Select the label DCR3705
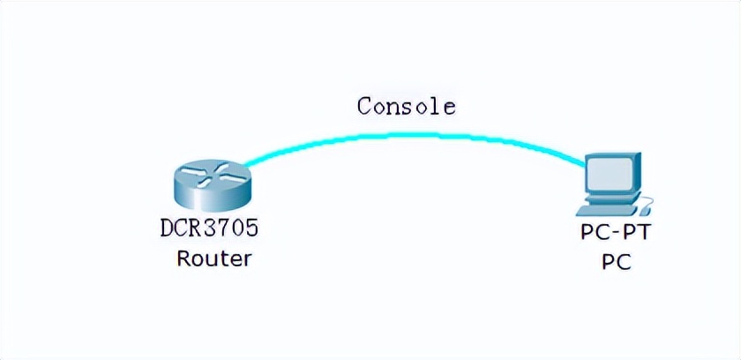point(210,229)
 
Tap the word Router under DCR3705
point(213,259)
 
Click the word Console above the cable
point(407,107)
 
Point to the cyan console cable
point(415,136)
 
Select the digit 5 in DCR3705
point(252,229)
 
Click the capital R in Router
point(183,259)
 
